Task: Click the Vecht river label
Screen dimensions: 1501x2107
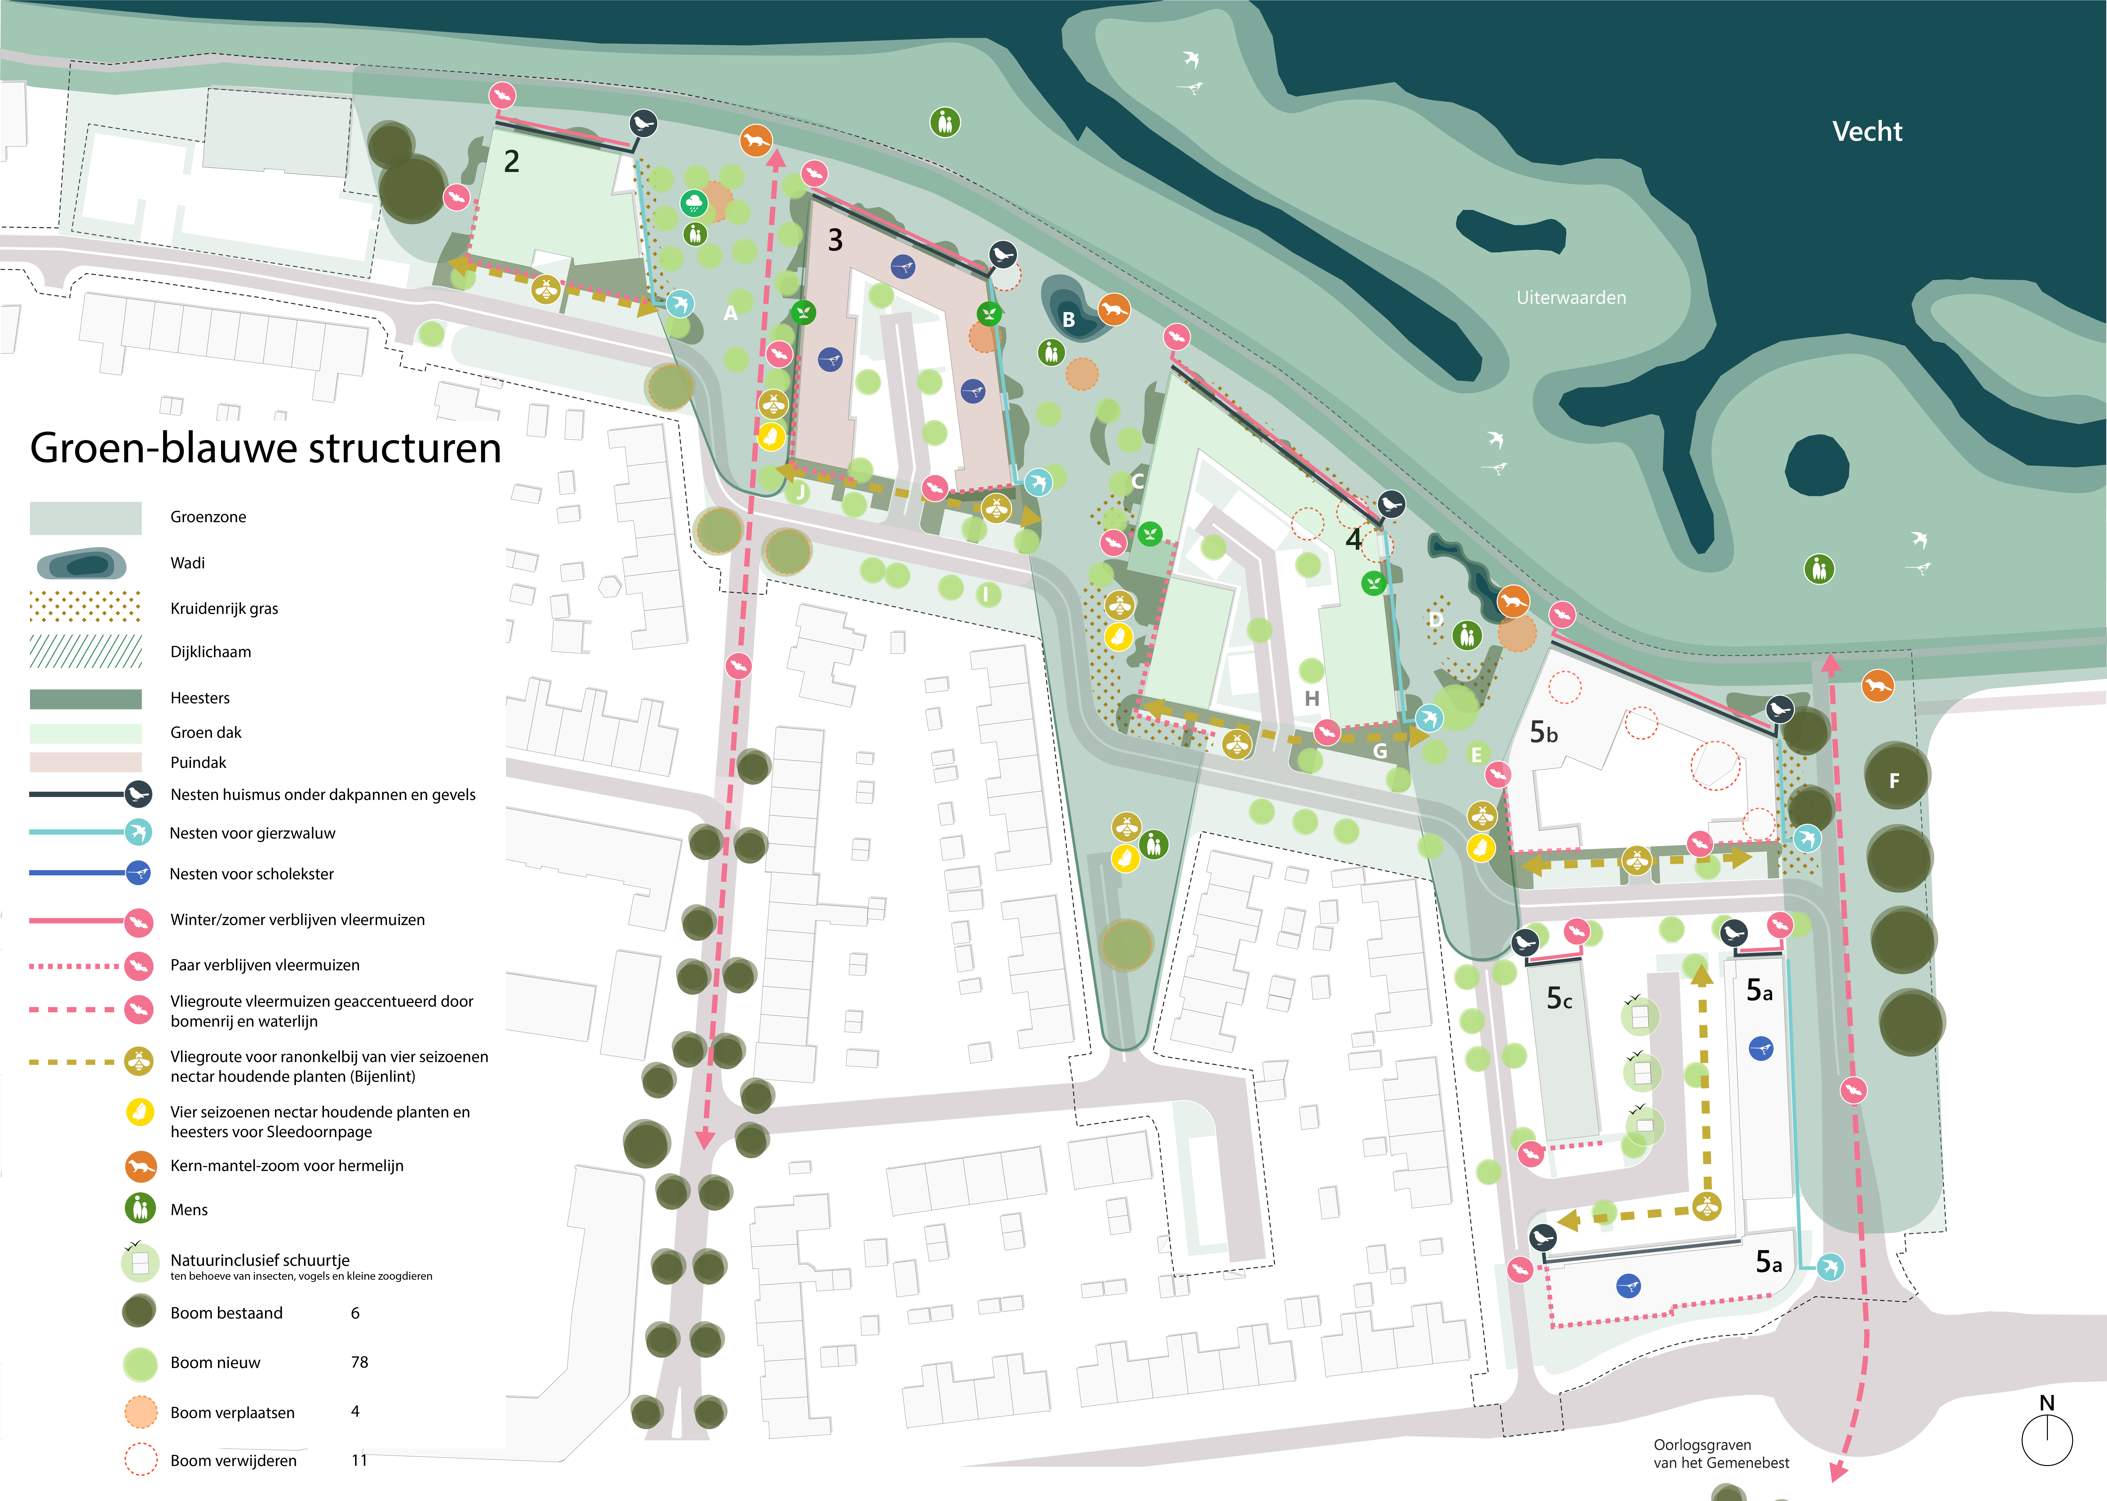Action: [1867, 131]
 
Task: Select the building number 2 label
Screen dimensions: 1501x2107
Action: [511, 162]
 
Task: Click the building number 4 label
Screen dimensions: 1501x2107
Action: [1353, 539]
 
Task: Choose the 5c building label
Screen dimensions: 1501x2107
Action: [1559, 998]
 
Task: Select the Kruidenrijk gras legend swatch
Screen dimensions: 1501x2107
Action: [85, 607]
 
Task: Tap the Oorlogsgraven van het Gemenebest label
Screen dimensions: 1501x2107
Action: [1721, 1454]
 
